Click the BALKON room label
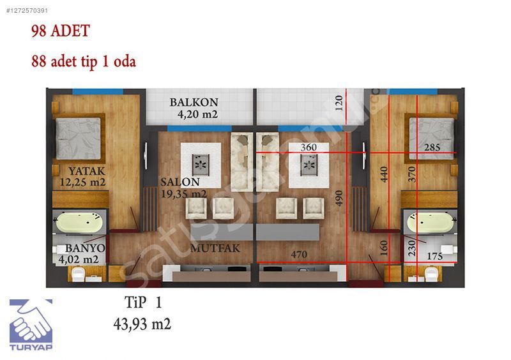pos(194,102)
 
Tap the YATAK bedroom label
pos(87,171)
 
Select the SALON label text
pos(180,182)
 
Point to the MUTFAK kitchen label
pos(215,248)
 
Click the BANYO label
pos(85,248)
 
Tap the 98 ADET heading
pos(61,31)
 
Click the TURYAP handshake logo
pos(31,325)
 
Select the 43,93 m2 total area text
pos(142,324)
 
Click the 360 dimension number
pos(309,147)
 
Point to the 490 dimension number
pos(339,199)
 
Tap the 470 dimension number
pos(299,255)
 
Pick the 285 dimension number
pos(432,147)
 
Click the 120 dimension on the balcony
pos(339,103)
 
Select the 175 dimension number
pos(435,257)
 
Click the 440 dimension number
pos(385,174)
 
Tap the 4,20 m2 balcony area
pos(197,114)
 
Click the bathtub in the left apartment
pos(79,223)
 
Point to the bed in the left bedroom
pos(78,139)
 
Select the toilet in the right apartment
pos(431,274)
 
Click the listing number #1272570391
pos(27,10)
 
